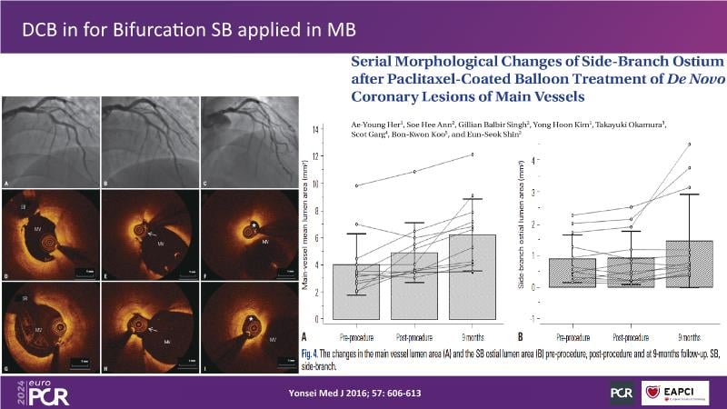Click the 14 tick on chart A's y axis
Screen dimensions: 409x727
pyautogui.click(x=316, y=129)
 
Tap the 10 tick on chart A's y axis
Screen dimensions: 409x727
pyautogui.click(x=316, y=184)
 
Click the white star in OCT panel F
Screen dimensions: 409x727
pyautogui.click(x=254, y=222)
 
